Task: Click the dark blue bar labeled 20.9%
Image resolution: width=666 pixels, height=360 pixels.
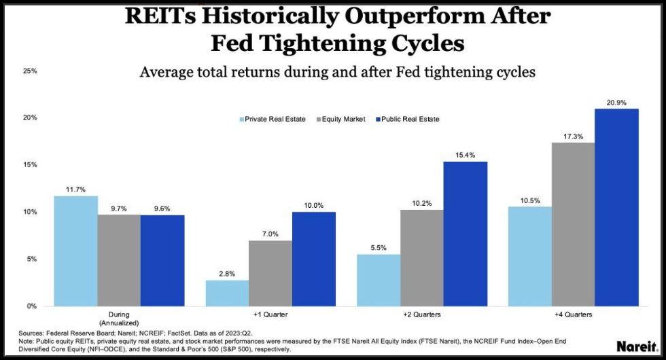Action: [616, 207]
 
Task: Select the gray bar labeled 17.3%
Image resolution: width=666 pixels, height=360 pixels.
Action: [573, 224]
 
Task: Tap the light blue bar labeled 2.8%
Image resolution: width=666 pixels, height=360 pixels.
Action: [228, 293]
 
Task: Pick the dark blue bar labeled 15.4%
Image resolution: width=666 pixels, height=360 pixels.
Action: [465, 234]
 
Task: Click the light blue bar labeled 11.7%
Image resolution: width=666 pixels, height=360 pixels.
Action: [75, 251]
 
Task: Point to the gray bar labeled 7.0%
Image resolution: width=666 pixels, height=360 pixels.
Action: [270, 273]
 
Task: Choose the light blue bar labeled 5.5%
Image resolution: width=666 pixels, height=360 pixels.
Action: [379, 280]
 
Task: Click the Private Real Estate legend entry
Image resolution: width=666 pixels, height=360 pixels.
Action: [275, 119]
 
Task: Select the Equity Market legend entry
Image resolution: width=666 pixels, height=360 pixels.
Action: [343, 119]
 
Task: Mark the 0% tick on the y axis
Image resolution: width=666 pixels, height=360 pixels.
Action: [31, 306]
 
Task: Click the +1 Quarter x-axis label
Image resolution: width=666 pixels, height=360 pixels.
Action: [270, 315]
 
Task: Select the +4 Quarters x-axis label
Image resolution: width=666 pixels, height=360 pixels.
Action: [573, 315]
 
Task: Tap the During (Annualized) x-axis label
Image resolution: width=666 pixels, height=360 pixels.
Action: [119, 319]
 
